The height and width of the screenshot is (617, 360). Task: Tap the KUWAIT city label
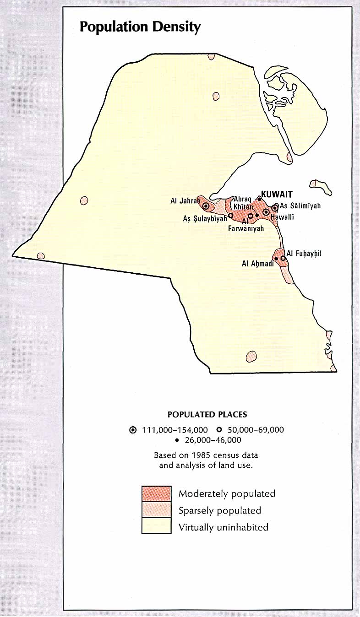tap(276, 194)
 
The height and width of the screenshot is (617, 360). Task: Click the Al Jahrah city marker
tap(206, 206)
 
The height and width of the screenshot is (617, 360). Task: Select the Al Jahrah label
tap(185, 200)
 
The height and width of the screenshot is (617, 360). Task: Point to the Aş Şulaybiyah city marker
tap(230, 215)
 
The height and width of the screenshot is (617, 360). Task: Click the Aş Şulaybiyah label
tap(205, 219)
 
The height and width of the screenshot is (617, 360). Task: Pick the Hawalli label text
tap(282, 217)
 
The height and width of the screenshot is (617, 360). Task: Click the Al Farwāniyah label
tap(246, 225)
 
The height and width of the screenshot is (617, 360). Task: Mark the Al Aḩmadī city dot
tap(276, 259)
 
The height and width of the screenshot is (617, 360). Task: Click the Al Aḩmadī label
tap(257, 264)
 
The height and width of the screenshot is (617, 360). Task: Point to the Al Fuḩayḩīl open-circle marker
tap(283, 259)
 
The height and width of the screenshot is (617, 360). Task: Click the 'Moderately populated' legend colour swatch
tap(156, 493)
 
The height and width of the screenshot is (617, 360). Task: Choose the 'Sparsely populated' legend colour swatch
tap(156, 510)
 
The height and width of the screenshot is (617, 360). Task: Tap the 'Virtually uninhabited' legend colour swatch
tap(156, 526)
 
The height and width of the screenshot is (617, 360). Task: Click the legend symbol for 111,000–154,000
tap(133, 430)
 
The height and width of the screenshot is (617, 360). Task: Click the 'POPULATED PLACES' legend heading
tap(207, 415)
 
